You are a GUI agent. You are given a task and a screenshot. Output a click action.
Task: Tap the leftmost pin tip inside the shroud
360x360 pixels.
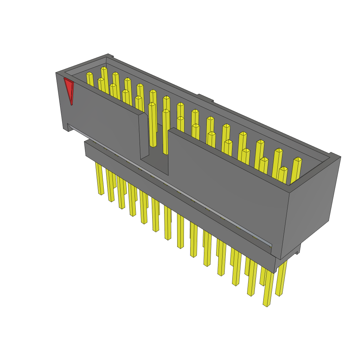point(89,74)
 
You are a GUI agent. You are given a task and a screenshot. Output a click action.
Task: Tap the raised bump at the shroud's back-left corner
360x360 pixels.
point(109,56)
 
